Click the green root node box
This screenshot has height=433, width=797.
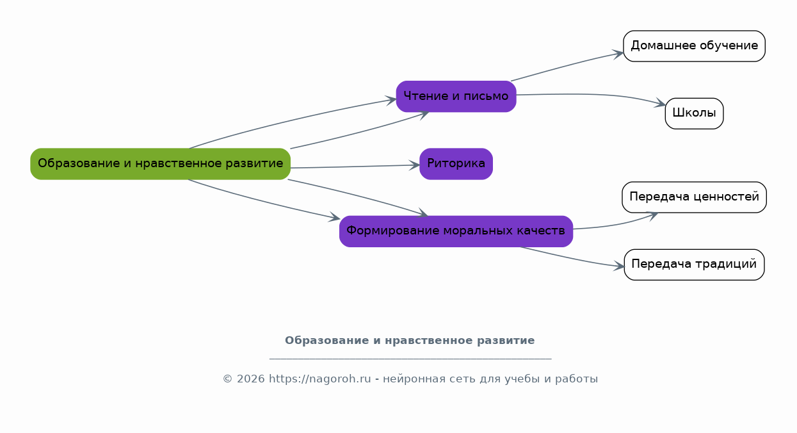point(161,164)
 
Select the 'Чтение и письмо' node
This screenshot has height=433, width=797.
point(456,97)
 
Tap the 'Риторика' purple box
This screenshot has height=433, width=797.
point(456,164)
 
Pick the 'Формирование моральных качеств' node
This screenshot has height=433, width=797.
point(456,231)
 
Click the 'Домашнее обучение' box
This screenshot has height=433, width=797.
point(694,46)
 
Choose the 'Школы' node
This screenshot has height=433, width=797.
point(694,113)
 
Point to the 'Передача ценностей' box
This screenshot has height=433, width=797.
point(694,197)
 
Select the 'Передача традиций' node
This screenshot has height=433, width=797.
point(694,265)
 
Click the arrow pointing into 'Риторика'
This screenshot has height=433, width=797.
point(355,167)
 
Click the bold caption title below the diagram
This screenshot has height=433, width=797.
point(410,340)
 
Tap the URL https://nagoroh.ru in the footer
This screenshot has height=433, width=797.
point(320,379)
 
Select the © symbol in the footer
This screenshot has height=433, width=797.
point(228,379)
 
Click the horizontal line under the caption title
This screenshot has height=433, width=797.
point(410,359)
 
